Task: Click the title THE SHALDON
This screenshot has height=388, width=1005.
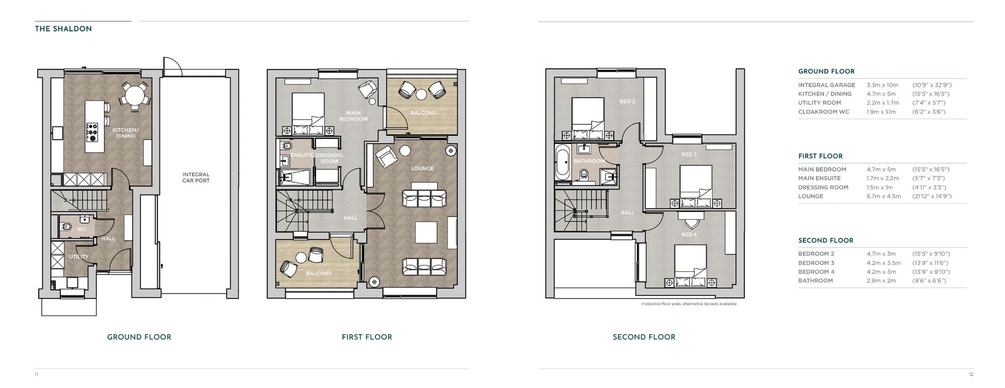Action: [63, 29]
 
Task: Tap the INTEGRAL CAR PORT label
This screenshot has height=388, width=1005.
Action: [195, 177]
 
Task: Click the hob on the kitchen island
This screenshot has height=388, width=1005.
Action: [92, 132]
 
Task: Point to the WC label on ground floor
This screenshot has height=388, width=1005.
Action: [81, 229]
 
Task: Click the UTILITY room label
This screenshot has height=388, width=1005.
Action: [79, 257]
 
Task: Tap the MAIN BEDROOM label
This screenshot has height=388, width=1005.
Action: [353, 116]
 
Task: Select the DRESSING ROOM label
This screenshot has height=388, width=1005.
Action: [329, 158]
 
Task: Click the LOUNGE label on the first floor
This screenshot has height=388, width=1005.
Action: [422, 168]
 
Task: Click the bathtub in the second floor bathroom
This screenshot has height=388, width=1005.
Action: [562, 162]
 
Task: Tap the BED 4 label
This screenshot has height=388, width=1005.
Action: [689, 235]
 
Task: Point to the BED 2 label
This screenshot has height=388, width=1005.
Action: [627, 102]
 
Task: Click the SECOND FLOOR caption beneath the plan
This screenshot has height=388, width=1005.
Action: [644, 337]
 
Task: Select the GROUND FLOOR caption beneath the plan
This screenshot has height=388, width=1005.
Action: [139, 337]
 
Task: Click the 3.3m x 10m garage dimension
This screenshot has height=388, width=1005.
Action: [882, 85]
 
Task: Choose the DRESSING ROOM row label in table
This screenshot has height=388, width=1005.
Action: [823, 187]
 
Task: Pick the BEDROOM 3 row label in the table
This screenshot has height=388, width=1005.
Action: [816, 263]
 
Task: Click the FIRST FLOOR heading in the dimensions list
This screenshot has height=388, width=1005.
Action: [820, 156]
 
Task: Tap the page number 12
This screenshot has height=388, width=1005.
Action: [971, 374]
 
